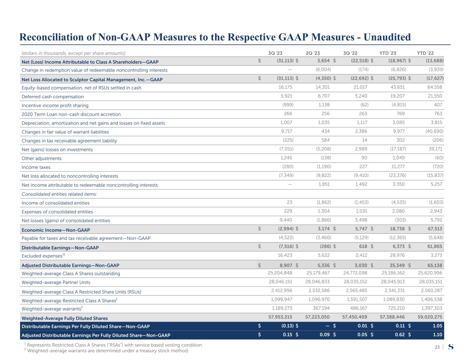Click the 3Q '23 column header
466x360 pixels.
275,53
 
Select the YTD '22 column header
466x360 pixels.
425,53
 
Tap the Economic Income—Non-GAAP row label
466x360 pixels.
56,230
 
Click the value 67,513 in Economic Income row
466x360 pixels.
435,230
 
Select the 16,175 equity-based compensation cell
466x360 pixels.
285,88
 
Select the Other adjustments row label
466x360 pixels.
42,158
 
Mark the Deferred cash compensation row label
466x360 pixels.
53,97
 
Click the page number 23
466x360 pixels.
437,347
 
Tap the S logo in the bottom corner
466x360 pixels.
451,347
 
